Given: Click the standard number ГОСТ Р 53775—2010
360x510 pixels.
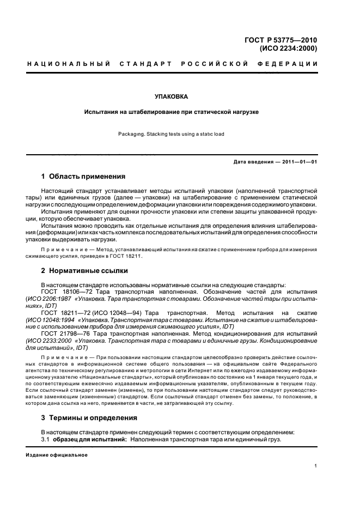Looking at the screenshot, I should (x=282, y=40).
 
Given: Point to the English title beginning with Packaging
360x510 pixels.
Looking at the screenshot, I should (x=171, y=134).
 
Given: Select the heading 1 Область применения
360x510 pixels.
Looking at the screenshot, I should (x=83, y=177).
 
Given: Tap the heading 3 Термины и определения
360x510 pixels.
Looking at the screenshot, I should (x=89, y=418).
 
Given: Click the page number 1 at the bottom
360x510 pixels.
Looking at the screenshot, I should (x=316, y=466).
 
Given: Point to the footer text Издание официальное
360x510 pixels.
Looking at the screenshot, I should (x=53, y=455).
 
